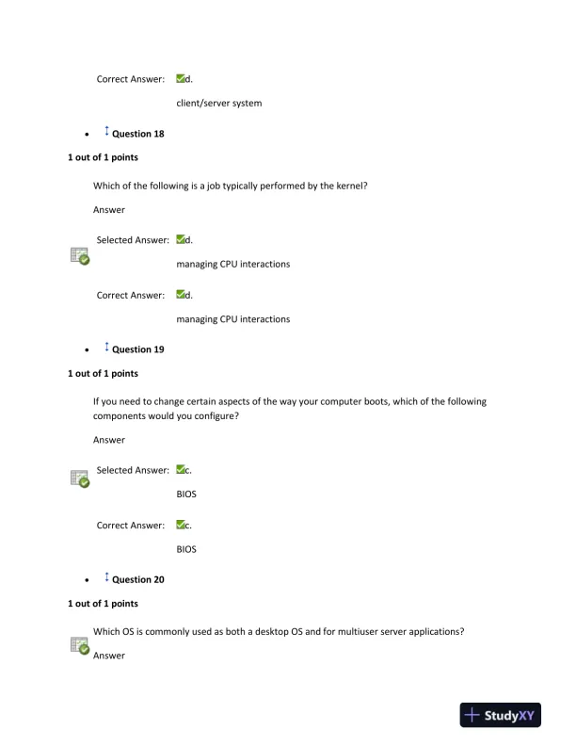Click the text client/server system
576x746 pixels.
pos(218,104)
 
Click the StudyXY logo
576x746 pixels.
pos(500,715)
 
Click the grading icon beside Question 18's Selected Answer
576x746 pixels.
pos(80,255)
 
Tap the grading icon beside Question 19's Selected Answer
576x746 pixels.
pos(80,478)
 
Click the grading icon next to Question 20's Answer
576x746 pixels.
pos(80,645)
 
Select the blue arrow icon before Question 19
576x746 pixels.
pos(105,349)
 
